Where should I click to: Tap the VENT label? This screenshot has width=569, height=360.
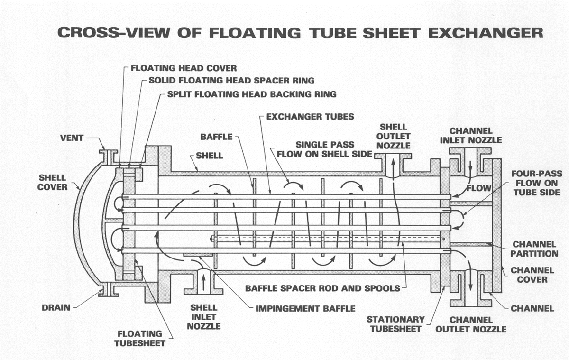[x=72, y=138]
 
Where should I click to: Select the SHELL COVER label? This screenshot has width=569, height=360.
[x=52, y=183]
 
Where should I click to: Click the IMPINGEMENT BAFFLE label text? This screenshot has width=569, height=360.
[x=305, y=308]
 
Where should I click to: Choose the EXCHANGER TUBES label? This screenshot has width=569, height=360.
[x=310, y=116]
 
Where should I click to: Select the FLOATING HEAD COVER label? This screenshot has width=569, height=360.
[x=184, y=68]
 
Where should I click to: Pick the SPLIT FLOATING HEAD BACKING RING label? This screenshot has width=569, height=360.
[x=252, y=94]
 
